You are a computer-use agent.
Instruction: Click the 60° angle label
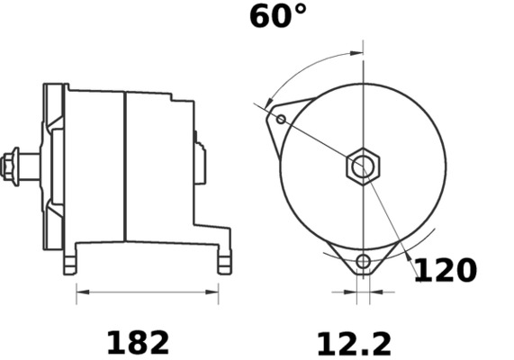[x=278, y=16]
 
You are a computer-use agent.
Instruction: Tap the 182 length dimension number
[x=138, y=342]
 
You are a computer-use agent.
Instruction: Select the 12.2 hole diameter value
[x=354, y=343]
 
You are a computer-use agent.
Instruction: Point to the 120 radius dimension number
[x=444, y=270]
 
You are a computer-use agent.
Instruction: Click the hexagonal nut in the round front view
[x=363, y=166]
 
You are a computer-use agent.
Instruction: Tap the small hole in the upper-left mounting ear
[x=281, y=119]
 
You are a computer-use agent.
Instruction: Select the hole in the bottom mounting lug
[x=363, y=262]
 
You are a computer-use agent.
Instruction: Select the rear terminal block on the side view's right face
[x=200, y=163]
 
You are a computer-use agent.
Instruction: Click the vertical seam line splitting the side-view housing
[x=124, y=166]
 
